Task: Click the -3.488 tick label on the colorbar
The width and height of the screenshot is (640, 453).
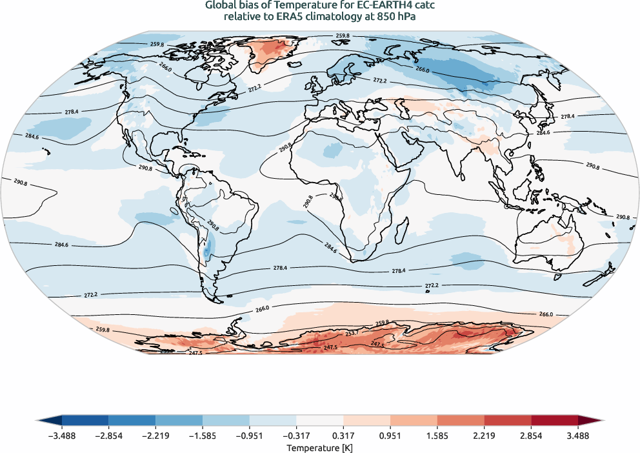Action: tap(62, 436)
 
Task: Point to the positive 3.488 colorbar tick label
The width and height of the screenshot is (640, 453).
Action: tap(578, 436)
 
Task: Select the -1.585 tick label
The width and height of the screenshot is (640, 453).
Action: tap(203, 436)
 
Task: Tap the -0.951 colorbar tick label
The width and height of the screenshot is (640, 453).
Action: tap(250, 436)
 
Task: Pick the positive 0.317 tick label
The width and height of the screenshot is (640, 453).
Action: tap(343, 436)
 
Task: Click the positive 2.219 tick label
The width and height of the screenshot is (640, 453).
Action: tap(484, 436)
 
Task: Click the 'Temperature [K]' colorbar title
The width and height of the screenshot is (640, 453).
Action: tap(320, 447)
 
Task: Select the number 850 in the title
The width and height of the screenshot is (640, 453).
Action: tap(374, 17)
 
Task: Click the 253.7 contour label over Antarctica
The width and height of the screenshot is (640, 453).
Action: tap(352, 334)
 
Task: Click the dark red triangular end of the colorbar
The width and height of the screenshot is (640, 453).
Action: tap(585, 420)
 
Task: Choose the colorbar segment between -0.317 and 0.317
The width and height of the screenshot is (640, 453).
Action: tap(320, 420)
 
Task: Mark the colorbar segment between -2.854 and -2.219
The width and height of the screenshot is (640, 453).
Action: tap(132, 420)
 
